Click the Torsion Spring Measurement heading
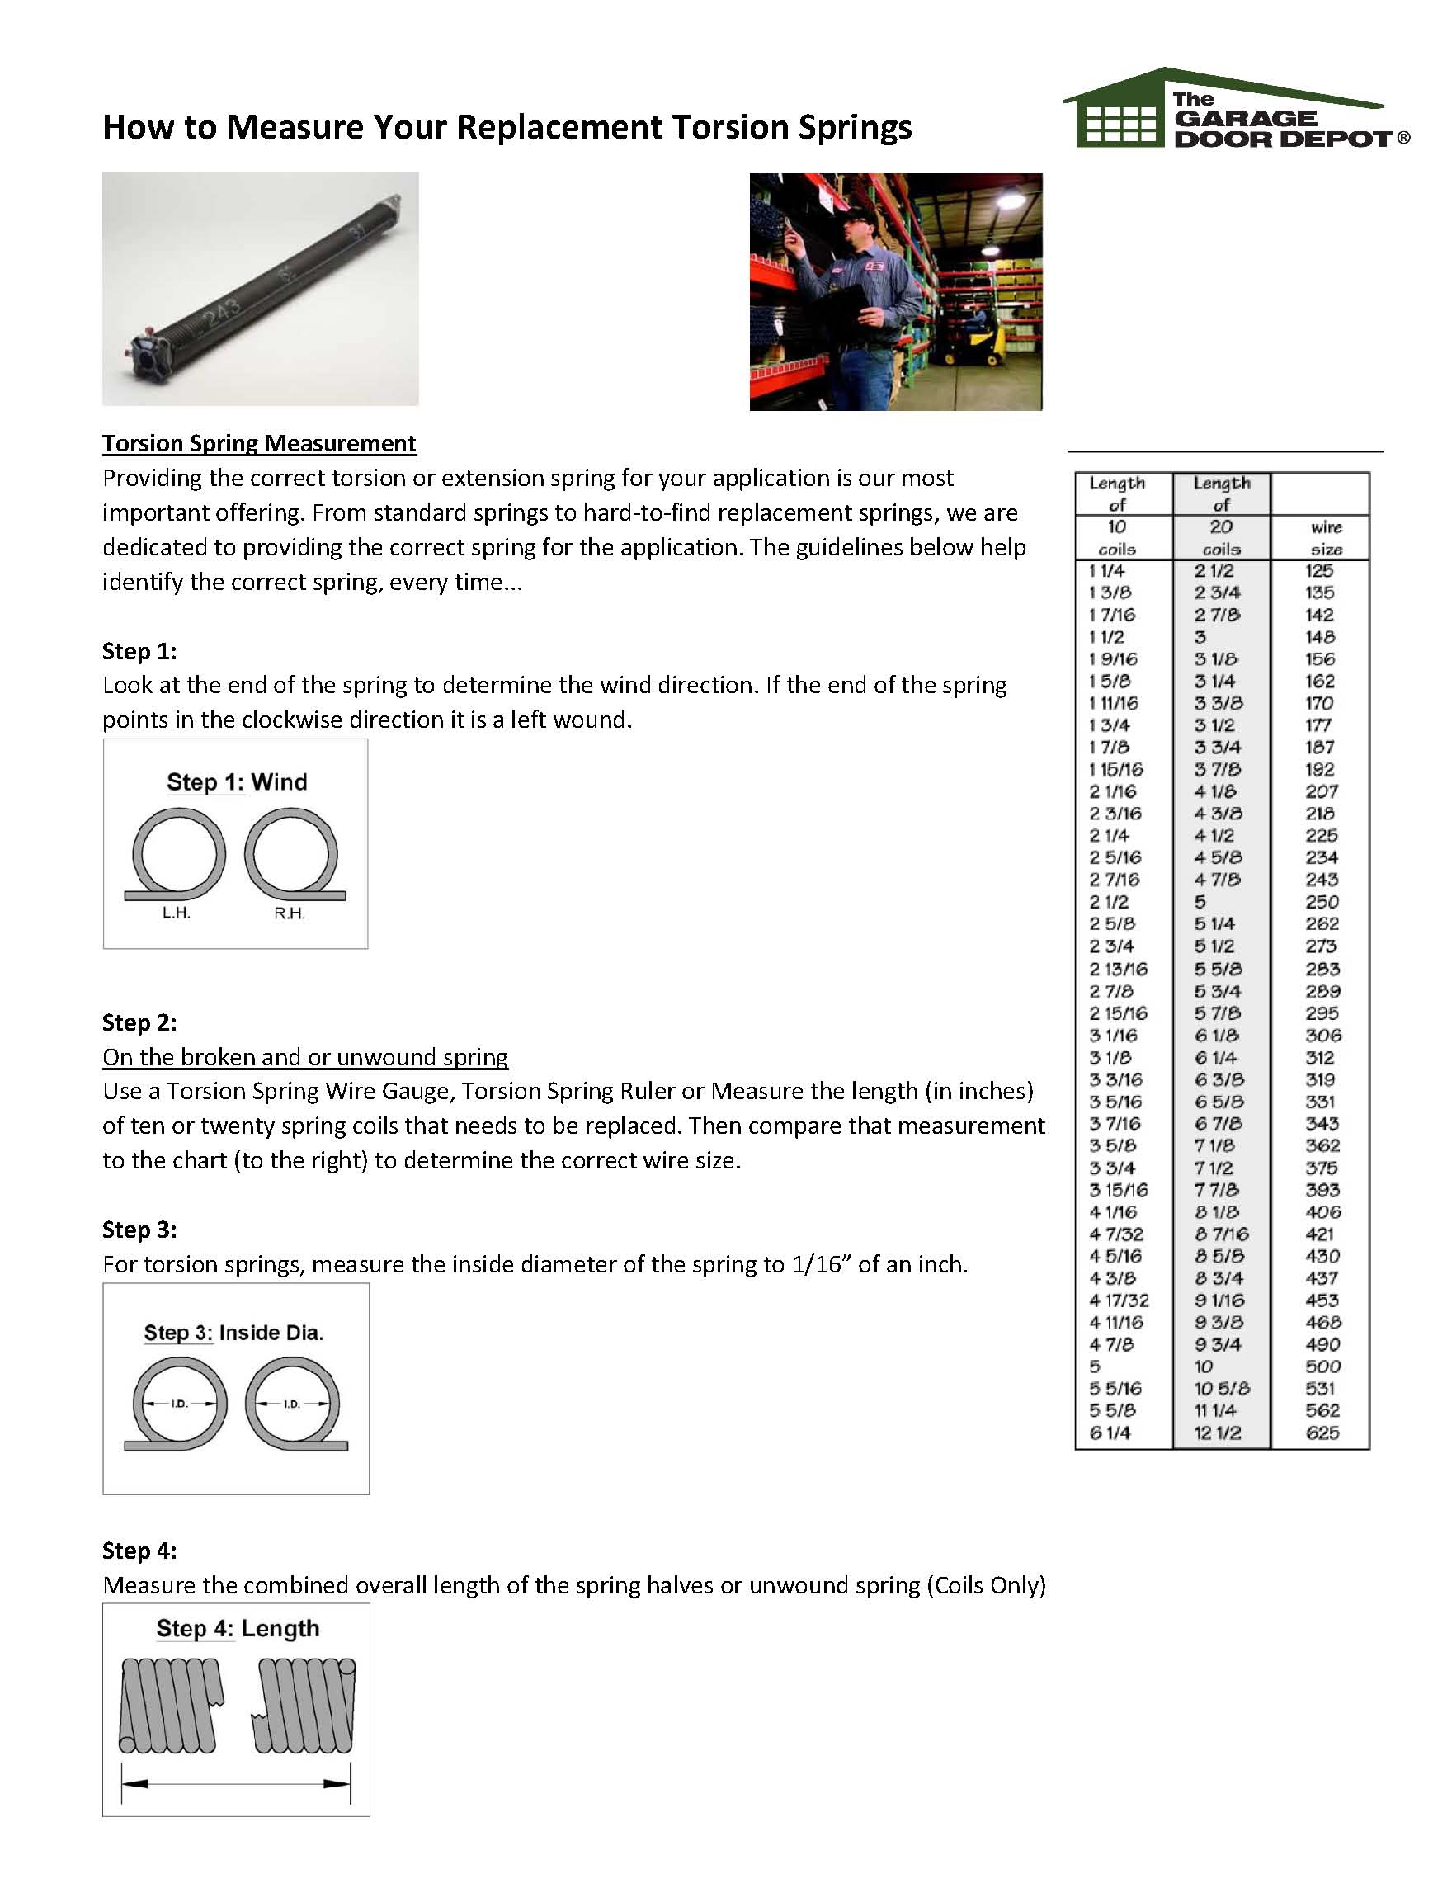coord(258,443)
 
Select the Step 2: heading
coord(139,1022)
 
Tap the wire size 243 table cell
coord(1322,880)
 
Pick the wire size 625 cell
coord(1322,1433)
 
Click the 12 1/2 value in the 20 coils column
coord(1218,1433)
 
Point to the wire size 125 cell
coord(1320,570)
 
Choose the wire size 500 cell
coord(1322,1366)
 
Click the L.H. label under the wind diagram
coord(177,913)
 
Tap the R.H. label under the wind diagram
coord(290,913)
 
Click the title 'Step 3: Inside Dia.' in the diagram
coord(234,1332)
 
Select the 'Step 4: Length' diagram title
coord(238,1629)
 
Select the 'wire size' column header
coord(1326,538)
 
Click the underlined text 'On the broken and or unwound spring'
coord(305,1057)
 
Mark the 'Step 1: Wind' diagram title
coord(237,781)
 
